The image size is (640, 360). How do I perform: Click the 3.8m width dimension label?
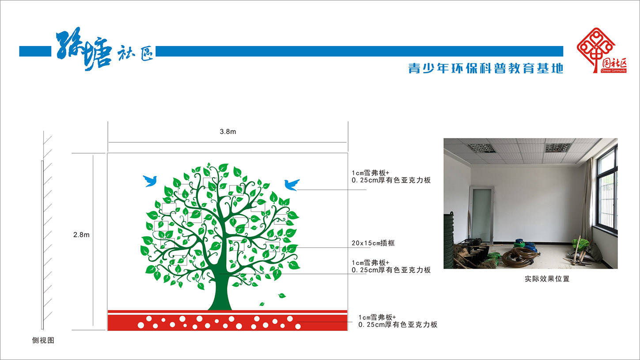228,132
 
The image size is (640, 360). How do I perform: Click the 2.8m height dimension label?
81,235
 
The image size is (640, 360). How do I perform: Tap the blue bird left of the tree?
150,181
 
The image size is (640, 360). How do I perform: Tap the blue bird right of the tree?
292,185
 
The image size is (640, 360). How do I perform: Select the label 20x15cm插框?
373,243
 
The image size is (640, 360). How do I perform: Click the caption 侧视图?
43,340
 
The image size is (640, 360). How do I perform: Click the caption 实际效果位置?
547,279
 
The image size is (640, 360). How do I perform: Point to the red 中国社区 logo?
602,50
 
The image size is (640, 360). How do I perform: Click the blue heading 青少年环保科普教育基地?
485,68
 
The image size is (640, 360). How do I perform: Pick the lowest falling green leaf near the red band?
262,304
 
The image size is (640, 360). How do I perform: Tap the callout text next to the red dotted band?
398,321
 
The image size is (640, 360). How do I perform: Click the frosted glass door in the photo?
482,215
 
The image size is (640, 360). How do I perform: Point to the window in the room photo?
607,188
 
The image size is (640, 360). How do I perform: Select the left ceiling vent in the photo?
481,148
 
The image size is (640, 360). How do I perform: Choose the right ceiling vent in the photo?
557,148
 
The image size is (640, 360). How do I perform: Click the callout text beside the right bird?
391,177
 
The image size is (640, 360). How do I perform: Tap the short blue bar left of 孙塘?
35,51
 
